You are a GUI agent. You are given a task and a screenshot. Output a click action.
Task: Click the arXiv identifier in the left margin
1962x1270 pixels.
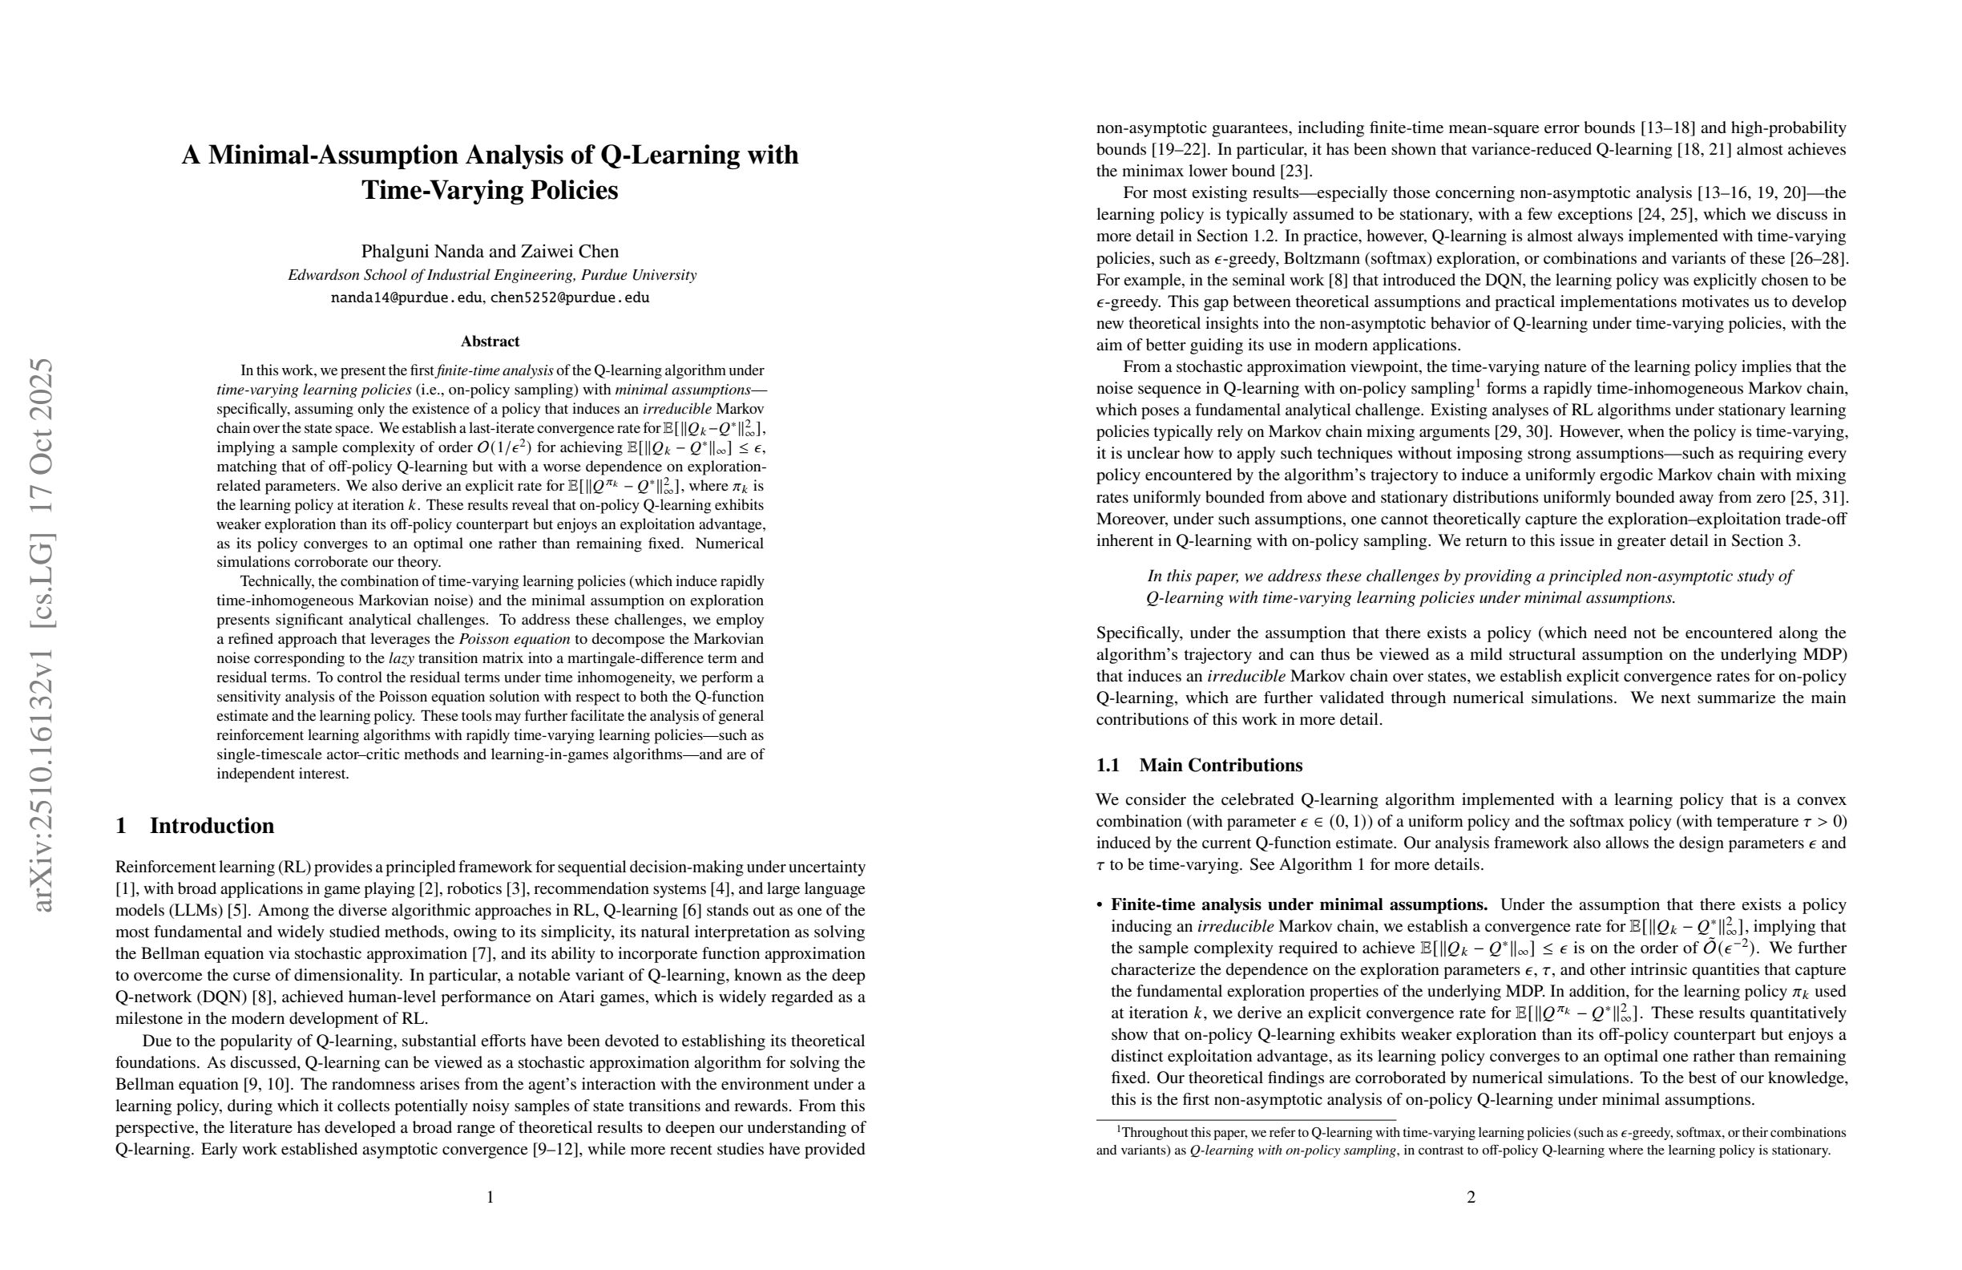click(41, 634)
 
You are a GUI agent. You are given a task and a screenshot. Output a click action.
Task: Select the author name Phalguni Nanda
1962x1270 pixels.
click(416, 252)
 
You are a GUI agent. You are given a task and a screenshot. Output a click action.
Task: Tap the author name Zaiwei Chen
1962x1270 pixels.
click(570, 252)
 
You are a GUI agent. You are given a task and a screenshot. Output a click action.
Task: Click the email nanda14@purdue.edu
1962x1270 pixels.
click(406, 297)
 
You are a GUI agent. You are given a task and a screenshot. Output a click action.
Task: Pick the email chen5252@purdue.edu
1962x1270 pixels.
click(570, 297)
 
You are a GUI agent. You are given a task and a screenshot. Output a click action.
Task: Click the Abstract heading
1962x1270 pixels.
click(490, 342)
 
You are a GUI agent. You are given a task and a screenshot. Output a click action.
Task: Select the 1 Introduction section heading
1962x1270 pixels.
click(196, 826)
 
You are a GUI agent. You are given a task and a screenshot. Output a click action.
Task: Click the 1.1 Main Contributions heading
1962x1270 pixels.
click(1199, 766)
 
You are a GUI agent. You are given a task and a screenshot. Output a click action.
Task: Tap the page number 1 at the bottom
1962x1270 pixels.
click(490, 1196)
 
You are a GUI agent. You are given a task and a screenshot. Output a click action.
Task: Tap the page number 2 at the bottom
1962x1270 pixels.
click(1471, 1196)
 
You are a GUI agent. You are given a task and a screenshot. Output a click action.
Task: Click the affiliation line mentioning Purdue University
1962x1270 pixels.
click(492, 276)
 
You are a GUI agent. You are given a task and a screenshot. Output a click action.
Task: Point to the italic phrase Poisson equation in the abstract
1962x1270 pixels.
click(515, 639)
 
